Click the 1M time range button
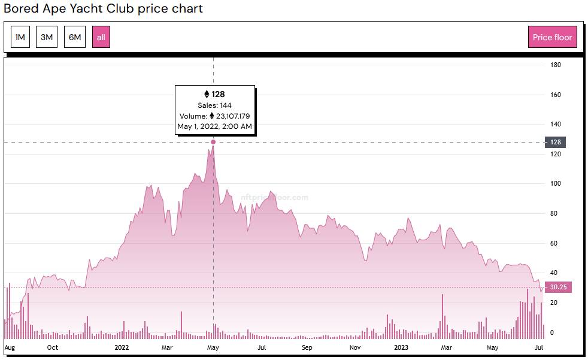click(20, 37)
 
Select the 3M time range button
click(47, 37)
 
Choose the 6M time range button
click(75, 37)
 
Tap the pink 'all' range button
click(101, 37)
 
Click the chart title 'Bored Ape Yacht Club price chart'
click(103, 8)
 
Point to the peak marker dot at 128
click(213, 142)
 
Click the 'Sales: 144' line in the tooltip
click(214, 105)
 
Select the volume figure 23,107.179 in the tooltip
click(229, 116)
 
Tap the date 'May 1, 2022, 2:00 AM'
click(214, 126)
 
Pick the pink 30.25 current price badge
click(558, 287)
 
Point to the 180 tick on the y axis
click(556, 65)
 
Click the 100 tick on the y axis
click(556, 184)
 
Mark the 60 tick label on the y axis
click(554, 243)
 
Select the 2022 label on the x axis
click(122, 347)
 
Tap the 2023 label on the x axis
click(401, 347)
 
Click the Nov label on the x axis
click(355, 347)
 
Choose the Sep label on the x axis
click(307, 347)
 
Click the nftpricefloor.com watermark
click(275, 196)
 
